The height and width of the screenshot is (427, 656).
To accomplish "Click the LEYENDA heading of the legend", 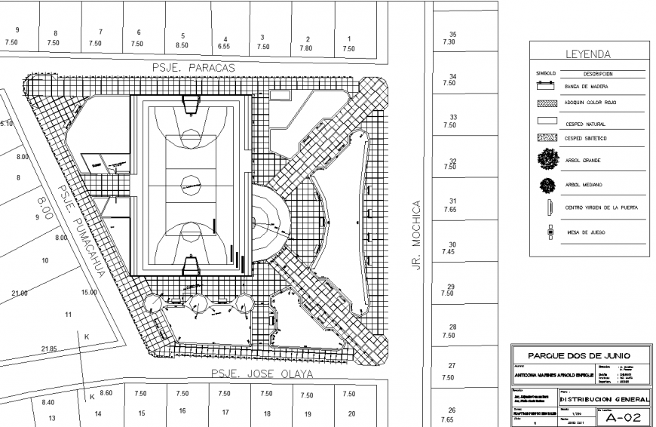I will coord(587,55).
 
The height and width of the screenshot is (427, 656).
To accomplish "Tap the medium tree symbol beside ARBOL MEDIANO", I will coord(548,184).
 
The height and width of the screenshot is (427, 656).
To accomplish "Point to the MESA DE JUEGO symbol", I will coord(549,232).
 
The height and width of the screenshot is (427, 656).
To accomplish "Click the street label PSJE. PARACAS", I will coord(194,67).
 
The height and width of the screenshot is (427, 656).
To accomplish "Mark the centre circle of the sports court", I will coord(189,182).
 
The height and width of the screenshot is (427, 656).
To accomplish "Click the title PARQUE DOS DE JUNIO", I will coord(580,356).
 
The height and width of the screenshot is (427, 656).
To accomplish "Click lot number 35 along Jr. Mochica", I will coord(452,35).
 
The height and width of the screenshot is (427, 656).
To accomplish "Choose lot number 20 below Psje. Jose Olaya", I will coord(351,413).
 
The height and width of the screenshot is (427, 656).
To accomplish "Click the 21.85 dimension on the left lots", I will coord(49,349).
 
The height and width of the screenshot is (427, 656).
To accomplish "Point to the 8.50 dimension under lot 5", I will coord(182,45).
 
